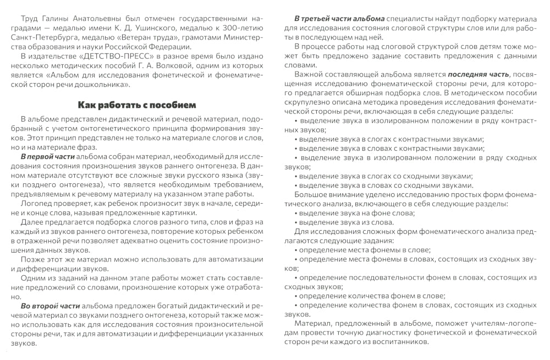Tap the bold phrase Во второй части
(49, 305)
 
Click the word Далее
(33, 222)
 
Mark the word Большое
(314, 194)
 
